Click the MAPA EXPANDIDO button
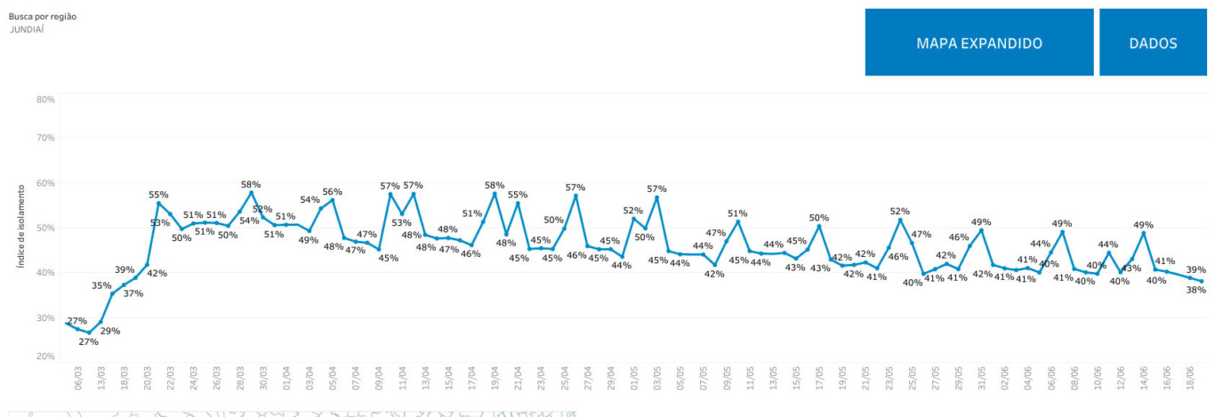coord(978,43)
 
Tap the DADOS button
coord(1153,43)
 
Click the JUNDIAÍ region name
coord(27,29)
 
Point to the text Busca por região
coord(36,16)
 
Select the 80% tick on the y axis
coord(45,99)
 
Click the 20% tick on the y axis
coord(45,357)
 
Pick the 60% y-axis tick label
coord(45,183)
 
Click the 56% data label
coord(332,192)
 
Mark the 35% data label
coord(101,286)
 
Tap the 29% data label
coord(110,331)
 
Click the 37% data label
coord(133,293)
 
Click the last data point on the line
coord(1202,282)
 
